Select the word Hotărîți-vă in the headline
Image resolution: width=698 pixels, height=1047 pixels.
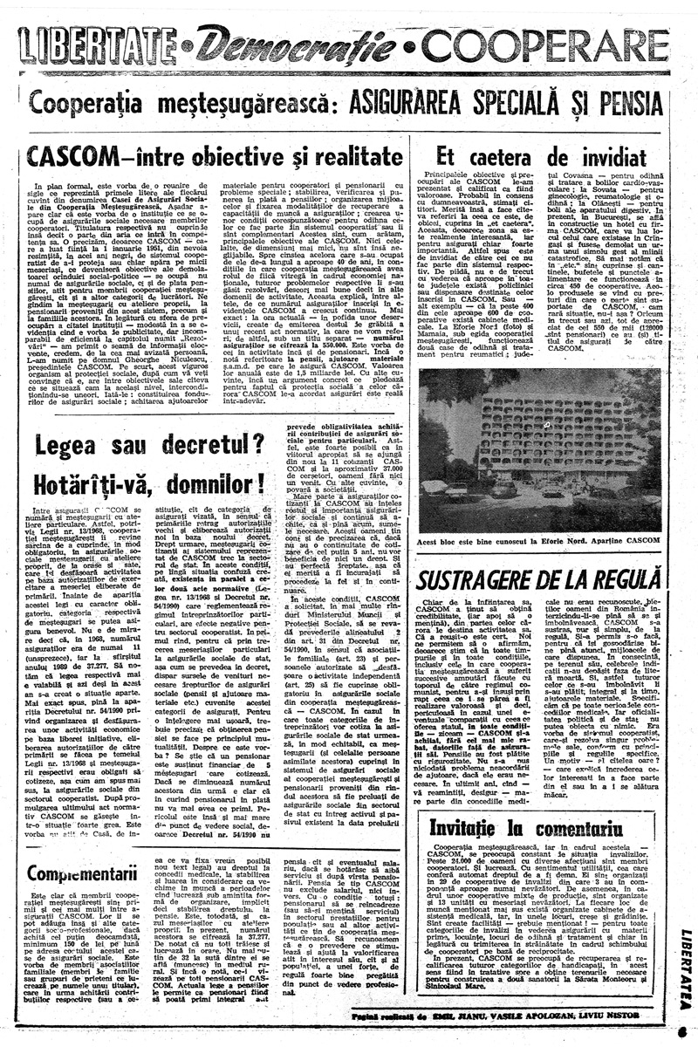pos(81,482)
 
